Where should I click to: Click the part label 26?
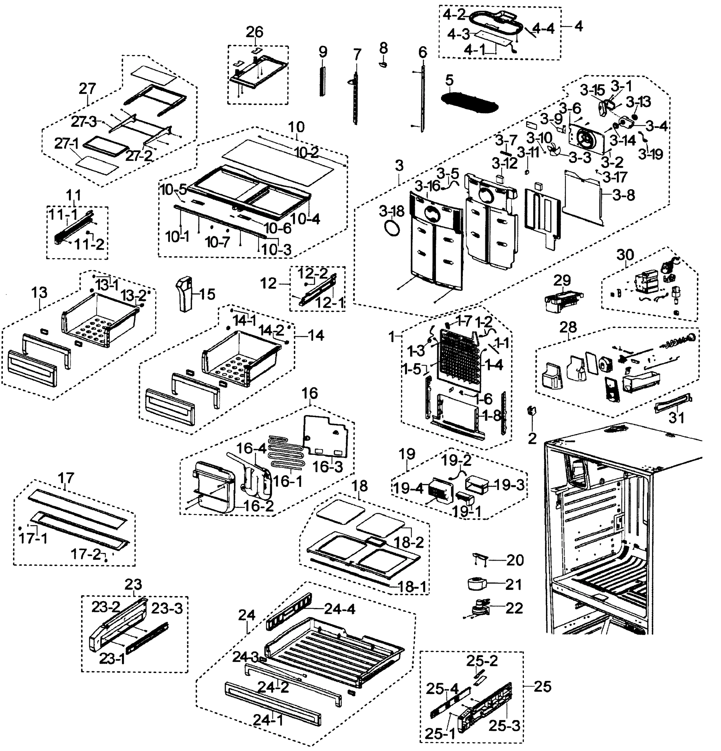254,32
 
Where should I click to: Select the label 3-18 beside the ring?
392,211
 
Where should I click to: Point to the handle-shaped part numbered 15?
185,294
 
